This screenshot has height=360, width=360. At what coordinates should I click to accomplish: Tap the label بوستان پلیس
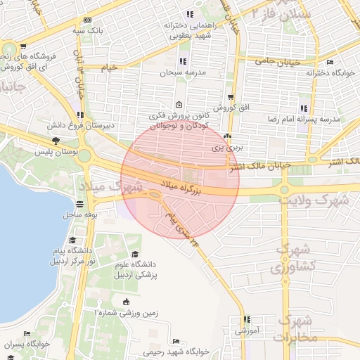coord(59,152)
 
